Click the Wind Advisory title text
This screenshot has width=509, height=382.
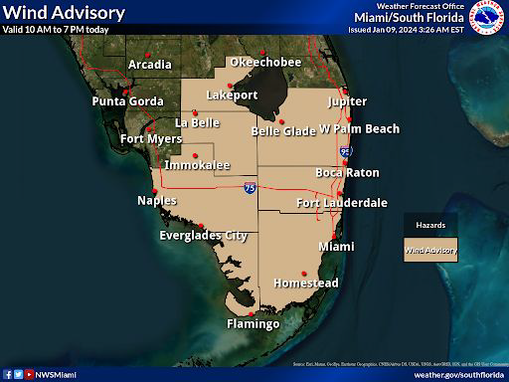point(64,13)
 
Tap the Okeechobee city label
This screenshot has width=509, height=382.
point(264,62)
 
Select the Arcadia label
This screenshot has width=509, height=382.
point(150,66)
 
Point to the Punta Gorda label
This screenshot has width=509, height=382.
point(127,101)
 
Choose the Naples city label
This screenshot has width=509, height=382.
point(157,201)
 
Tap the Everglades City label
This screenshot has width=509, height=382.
point(203,236)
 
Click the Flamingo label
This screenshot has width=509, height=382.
point(253,324)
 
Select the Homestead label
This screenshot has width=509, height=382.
point(305,284)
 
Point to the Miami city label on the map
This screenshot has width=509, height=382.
point(336,246)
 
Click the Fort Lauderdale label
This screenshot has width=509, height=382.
point(342,203)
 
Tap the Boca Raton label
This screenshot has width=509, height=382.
point(347,172)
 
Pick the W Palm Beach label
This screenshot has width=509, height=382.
point(359,129)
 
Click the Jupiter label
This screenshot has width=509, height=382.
point(347,101)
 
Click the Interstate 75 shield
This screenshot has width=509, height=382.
point(249,187)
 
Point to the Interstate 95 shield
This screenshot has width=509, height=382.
point(345,151)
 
